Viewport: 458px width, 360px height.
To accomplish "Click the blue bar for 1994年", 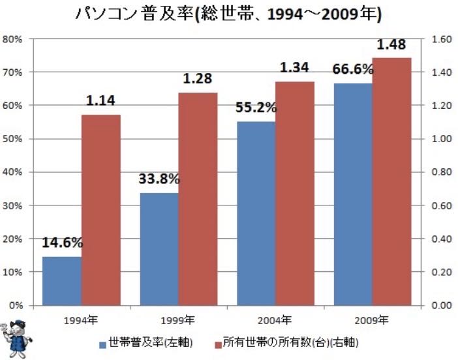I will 62,280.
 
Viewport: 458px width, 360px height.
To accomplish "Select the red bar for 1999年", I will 198,199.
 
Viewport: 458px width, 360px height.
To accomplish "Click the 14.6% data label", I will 63,243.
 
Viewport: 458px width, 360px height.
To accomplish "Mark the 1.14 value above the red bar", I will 101,101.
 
